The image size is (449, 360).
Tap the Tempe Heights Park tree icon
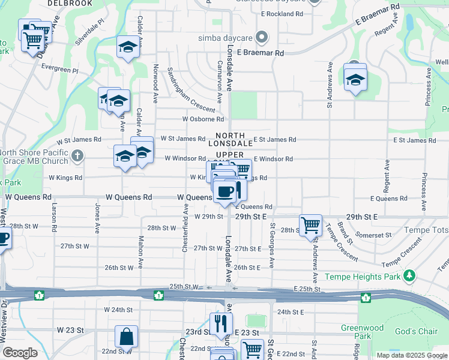(409, 276)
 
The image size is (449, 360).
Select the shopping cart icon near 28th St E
(310, 225)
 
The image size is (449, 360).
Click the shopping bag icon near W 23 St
(127, 337)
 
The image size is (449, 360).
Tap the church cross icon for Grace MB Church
(76, 157)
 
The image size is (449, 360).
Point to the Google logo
(20, 353)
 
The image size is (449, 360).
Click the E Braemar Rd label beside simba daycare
(260, 53)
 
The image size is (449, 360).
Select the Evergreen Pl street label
(59, 70)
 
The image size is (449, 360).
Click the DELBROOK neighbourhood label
(71, 3)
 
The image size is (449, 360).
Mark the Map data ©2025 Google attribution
(412, 355)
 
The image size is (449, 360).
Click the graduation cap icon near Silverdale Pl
(128, 47)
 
